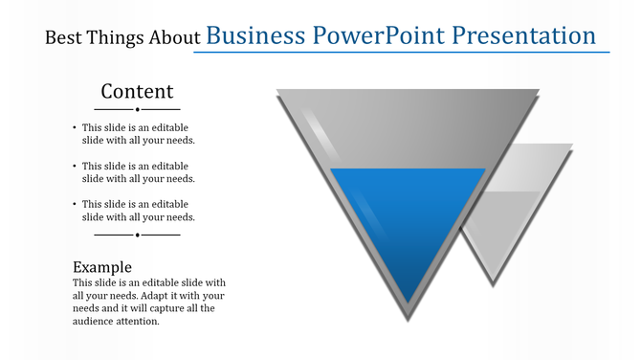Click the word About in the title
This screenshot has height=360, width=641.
pyautogui.click(x=174, y=38)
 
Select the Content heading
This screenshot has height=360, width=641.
pyautogui.click(x=138, y=91)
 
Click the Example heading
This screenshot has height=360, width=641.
pyautogui.click(x=102, y=266)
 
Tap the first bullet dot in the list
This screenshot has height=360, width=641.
pyautogui.click(x=75, y=127)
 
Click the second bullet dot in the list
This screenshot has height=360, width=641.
pyautogui.click(x=75, y=166)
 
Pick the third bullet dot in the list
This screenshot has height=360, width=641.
pyautogui.click(x=75, y=204)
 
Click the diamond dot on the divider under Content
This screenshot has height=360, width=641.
pyautogui.click(x=138, y=109)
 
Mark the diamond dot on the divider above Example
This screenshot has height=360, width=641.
pyautogui.click(x=138, y=234)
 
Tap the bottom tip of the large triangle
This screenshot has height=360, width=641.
pyautogui.click(x=409, y=316)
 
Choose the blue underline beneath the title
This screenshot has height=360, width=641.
pyautogui.click(x=402, y=52)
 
